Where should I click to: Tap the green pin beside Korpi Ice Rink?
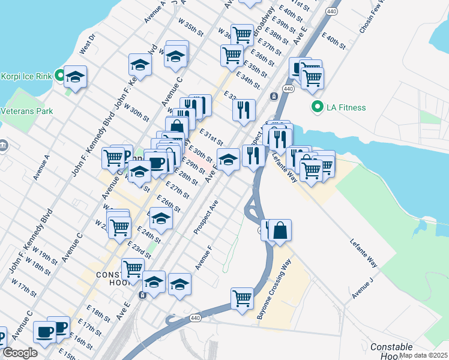(59, 76)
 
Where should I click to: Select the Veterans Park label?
(27, 111)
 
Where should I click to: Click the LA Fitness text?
(346, 108)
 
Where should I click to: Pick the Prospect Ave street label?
(205, 217)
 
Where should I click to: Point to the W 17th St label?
(24, 287)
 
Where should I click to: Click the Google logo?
(20, 353)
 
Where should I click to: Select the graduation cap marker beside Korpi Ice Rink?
(76, 77)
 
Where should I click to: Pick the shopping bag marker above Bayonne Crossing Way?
(280, 230)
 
